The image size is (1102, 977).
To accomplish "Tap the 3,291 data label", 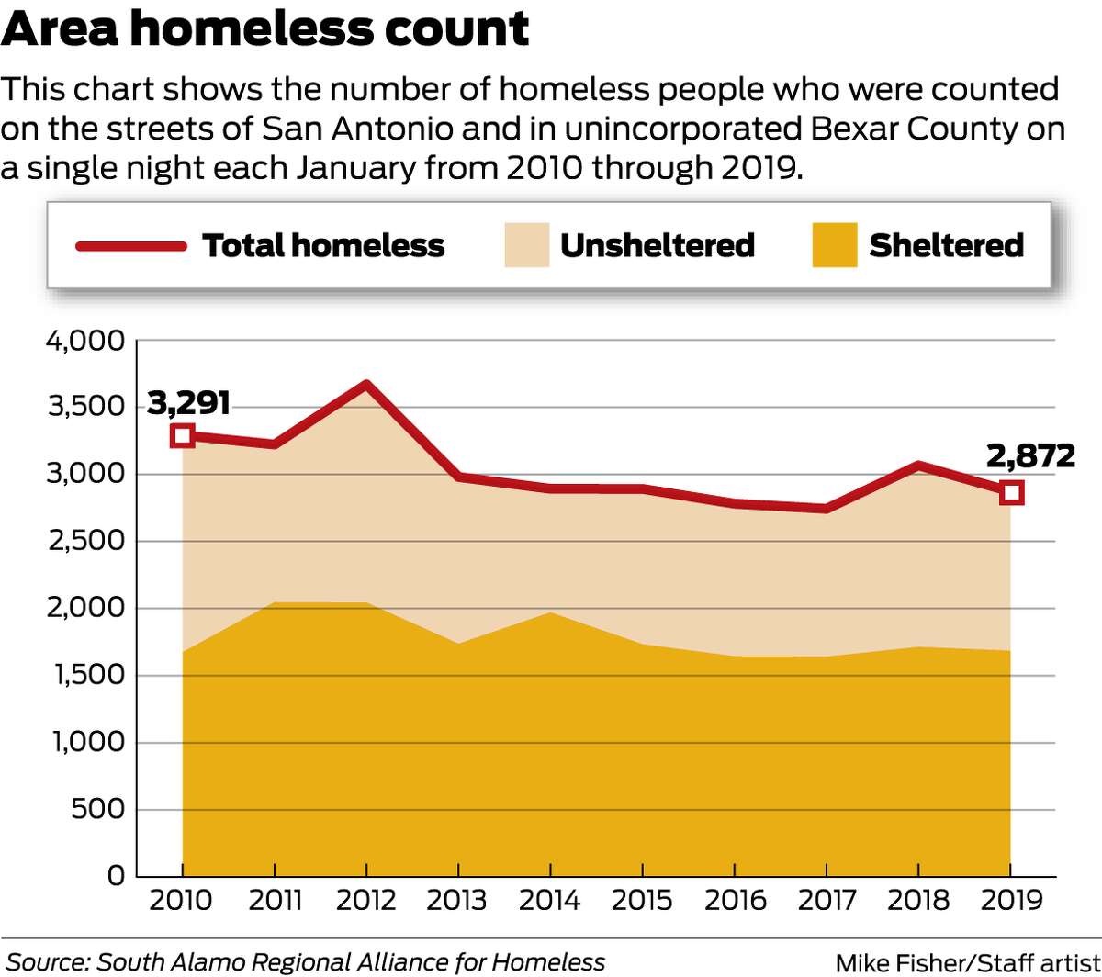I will click(x=186, y=402).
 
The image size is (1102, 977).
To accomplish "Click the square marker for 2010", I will click(x=183, y=435).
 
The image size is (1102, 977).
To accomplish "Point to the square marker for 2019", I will click(x=1011, y=493).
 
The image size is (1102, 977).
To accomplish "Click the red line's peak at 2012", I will click(x=366, y=385).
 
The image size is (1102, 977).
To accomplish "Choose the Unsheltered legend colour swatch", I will click(x=527, y=246).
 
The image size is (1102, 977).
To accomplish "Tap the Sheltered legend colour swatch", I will click(x=835, y=246).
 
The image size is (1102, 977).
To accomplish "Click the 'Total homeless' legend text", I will click(x=323, y=246).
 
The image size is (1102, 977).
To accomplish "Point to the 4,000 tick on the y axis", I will click(x=83, y=342).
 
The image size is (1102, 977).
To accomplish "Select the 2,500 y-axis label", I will click(x=83, y=542).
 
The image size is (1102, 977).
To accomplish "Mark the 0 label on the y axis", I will click(x=115, y=876).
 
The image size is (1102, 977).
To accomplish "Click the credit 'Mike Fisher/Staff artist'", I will click(x=965, y=962).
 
